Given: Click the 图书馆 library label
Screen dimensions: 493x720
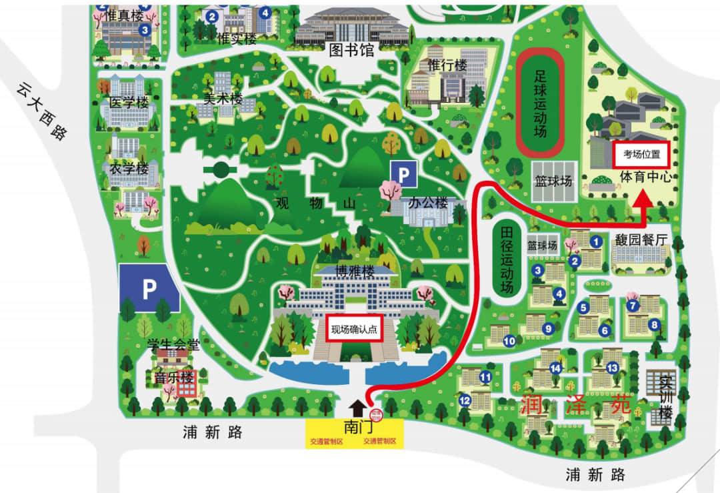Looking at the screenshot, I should coord(351,50).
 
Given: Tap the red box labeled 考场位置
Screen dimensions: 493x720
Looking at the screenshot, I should coord(641,154).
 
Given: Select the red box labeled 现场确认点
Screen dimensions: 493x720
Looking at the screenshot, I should coord(354,328).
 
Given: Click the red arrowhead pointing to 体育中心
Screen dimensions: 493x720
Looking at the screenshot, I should coord(643,201).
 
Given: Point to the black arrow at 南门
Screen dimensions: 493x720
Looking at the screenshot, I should coord(357,407).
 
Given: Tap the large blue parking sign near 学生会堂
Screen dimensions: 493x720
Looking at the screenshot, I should coord(149,288).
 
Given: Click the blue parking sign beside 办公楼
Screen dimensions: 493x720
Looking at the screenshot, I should coord(403,175).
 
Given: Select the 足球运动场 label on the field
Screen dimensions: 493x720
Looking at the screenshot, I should coord(540,103).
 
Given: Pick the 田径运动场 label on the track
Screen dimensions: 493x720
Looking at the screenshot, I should coord(507,260).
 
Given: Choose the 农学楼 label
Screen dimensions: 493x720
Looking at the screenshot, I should coord(129,169).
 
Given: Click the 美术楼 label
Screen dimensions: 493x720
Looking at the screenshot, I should coord(223,98).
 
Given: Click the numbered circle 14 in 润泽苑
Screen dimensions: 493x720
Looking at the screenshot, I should coord(556,368).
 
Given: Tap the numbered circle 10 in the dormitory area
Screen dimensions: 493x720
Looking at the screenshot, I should coord(509,341).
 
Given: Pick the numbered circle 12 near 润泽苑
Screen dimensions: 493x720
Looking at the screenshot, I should coord(465,400).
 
